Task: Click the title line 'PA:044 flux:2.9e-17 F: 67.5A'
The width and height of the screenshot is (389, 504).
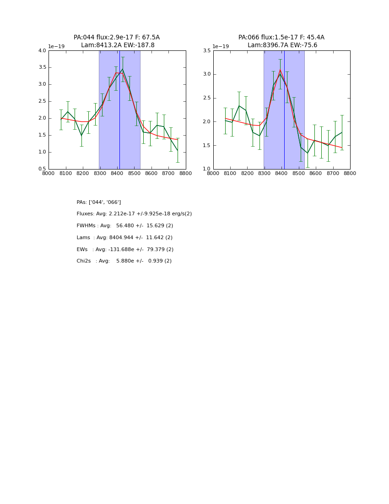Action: [x=117, y=38]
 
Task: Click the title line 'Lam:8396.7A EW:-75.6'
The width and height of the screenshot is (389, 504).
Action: [x=282, y=45]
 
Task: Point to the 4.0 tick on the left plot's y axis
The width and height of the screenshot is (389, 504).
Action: [x=42, y=51]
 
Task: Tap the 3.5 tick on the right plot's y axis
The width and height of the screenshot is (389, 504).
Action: [x=207, y=51]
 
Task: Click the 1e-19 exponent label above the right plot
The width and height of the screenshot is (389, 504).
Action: [x=221, y=46]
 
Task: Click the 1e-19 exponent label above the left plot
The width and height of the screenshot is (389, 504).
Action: [x=56, y=46]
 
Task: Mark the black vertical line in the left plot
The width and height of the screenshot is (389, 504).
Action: [x=119, y=110]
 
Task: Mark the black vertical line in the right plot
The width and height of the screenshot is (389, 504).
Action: [x=284, y=110]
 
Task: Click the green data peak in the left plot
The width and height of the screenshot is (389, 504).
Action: [x=123, y=69]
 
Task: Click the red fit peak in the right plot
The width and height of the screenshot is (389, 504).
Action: [x=280, y=70]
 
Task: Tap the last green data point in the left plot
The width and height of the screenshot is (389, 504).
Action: [x=178, y=150]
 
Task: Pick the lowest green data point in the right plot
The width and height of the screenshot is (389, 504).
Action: [x=308, y=153]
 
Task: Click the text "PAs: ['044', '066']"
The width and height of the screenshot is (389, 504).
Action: [x=99, y=202]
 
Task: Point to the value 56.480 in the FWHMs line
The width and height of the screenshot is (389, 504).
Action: [x=125, y=226]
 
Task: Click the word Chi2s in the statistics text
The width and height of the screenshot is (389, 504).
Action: [x=84, y=261]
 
